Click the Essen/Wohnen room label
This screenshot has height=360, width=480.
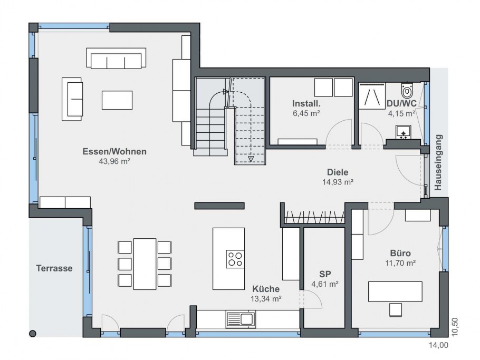[x=114, y=151]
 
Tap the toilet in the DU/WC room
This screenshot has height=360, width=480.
[x=407, y=89]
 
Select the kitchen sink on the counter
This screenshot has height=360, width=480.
[x=241, y=319]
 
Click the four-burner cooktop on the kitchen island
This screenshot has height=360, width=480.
[x=235, y=259]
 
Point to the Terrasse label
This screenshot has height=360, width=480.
[x=54, y=268]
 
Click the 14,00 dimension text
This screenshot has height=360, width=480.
[x=438, y=345]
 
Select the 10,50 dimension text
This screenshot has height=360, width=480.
[x=455, y=327]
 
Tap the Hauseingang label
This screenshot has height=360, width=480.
[x=438, y=162]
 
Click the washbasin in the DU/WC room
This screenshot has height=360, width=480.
[x=403, y=132]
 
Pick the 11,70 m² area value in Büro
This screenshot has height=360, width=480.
[x=400, y=263]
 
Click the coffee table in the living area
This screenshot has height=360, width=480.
[x=117, y=100]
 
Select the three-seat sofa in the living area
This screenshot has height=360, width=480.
[x=116, y=58]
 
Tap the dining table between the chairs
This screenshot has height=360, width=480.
[x=145, y=264]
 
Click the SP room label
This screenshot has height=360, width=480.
[x=325, y=274]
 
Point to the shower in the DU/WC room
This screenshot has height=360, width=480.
[x=372, y=96]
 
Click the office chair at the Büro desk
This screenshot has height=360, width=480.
[x=395, y=309]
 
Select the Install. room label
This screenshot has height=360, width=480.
[x=306, y=103]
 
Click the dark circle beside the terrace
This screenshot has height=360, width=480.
[x=33, y=334]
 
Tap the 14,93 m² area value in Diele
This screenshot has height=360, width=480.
[x=338, y=182]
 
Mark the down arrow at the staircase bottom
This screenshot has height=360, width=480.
[x=251, y=159]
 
